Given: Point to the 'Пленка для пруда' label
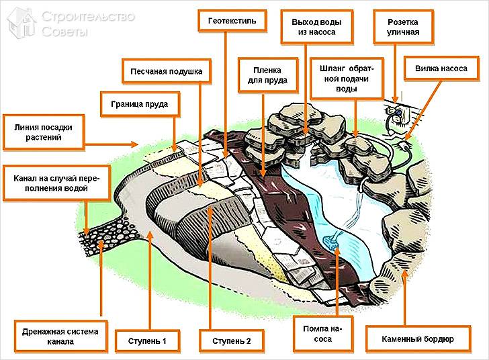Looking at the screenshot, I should pos(263,75).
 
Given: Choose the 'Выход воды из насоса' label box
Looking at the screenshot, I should pos(308,27).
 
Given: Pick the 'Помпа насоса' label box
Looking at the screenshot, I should pos(317,334).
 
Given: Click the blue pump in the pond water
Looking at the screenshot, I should pos(330,239).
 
